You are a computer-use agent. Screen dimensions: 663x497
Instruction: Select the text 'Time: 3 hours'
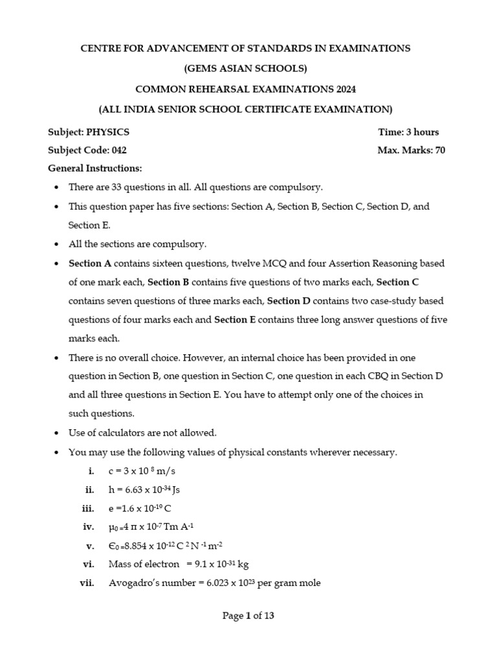(408, 132)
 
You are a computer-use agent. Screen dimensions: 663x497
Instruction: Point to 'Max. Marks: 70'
(411, 150)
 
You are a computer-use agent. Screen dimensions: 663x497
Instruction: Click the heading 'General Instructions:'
(94, 168)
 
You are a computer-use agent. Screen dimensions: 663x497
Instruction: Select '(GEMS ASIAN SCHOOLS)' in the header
(245, 69)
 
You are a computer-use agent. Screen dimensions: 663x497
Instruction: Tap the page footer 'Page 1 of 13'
(248, 616)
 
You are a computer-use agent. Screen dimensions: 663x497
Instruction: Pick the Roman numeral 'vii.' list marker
(87, 583)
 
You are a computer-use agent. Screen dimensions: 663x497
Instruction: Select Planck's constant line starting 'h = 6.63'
(144, 489)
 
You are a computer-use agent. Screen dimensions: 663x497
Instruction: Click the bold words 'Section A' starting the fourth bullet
(89, 264)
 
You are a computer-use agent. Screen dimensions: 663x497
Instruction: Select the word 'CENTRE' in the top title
(100, 49)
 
